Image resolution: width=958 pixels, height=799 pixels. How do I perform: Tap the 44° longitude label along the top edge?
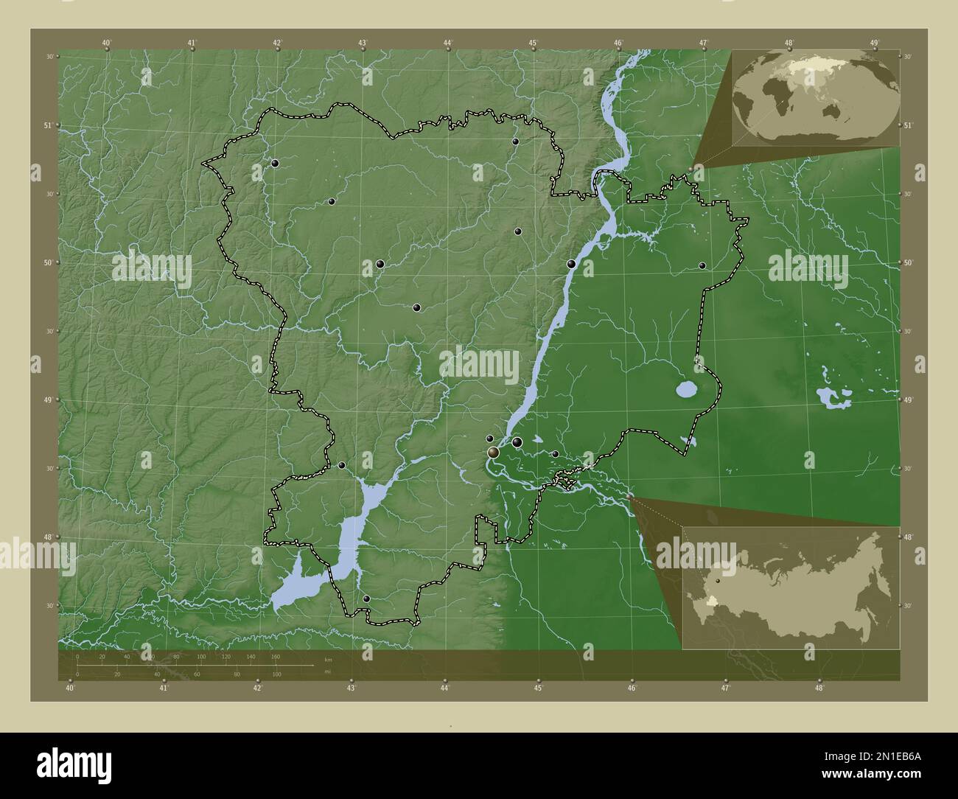[x=447, y=43]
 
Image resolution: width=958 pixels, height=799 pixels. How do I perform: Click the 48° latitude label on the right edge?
[x=907, y=537]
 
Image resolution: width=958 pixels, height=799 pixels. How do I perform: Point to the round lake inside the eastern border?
[x=686, y=388]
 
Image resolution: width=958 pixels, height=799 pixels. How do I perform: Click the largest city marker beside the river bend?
[x=492, y=452]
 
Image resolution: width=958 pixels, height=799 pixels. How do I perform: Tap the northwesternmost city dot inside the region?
[x=275, y=164]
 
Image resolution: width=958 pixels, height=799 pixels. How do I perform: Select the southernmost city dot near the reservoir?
[x=366, y=599]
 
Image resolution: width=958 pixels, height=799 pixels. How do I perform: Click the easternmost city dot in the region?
[x=702, y=265]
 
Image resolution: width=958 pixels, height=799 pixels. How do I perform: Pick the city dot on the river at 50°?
[x=571, y=263]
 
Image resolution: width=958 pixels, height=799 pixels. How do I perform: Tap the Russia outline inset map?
[x=790, y=587]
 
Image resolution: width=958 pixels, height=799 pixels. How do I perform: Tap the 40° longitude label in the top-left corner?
[x=107, y=43]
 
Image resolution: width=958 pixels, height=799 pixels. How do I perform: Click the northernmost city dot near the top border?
[x=515, y=142]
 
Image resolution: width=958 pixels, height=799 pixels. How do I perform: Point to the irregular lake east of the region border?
[x=833, y=399]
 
